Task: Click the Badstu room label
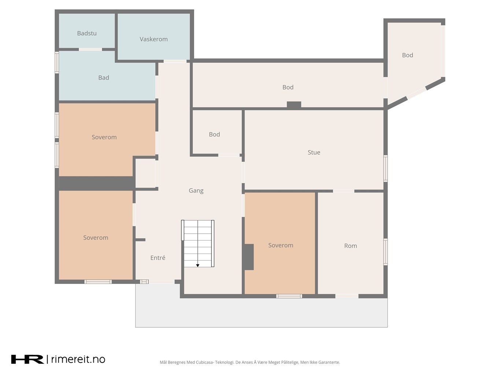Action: point(87,33)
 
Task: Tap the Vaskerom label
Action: point(153,39)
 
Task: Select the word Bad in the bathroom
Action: point(104,78)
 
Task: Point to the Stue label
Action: point(314,152)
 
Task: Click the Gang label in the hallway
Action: point(196,190)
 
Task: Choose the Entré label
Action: point(158,257)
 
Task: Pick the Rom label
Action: point(350,246)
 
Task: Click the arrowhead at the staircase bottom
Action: point(198,266)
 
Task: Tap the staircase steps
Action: point(198,244)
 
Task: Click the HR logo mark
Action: point(27,359)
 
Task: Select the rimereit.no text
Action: point(78,359)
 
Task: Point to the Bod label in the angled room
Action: point(407,55)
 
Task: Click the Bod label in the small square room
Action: point(214,134)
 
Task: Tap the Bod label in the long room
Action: point(288,87)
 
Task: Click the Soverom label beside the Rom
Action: point(281,245)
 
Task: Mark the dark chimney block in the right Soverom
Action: point(249,257)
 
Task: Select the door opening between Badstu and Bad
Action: point(90,49)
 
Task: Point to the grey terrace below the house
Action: point(261,313)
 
